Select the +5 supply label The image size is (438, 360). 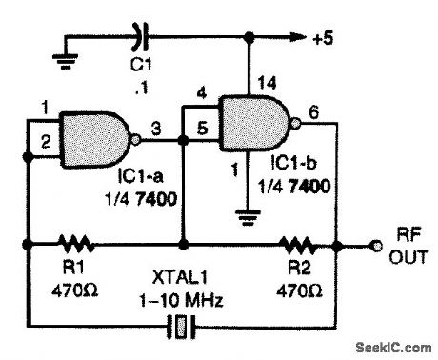pos(325,39)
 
